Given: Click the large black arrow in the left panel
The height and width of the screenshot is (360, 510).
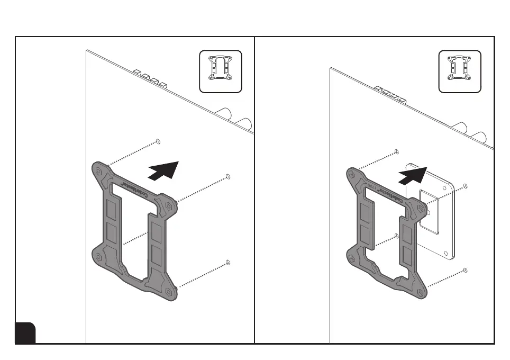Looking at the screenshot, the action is pos(165,170).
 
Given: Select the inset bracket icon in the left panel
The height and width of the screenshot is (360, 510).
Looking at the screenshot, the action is pos(220,71).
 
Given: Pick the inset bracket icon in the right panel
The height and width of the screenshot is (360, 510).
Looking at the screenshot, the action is pos(460,71).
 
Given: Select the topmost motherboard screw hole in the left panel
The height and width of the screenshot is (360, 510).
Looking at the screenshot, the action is pos(158,141).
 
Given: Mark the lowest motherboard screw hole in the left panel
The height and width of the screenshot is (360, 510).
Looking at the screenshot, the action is pos(227,262).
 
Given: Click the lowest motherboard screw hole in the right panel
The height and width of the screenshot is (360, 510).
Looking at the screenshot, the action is pos(465,271).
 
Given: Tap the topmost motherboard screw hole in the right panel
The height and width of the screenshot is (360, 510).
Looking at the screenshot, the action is pos(396,152).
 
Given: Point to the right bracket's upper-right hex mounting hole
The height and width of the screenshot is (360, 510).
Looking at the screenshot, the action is pos(420,208).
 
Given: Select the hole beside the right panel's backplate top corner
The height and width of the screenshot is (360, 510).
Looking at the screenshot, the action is pos(465,186).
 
